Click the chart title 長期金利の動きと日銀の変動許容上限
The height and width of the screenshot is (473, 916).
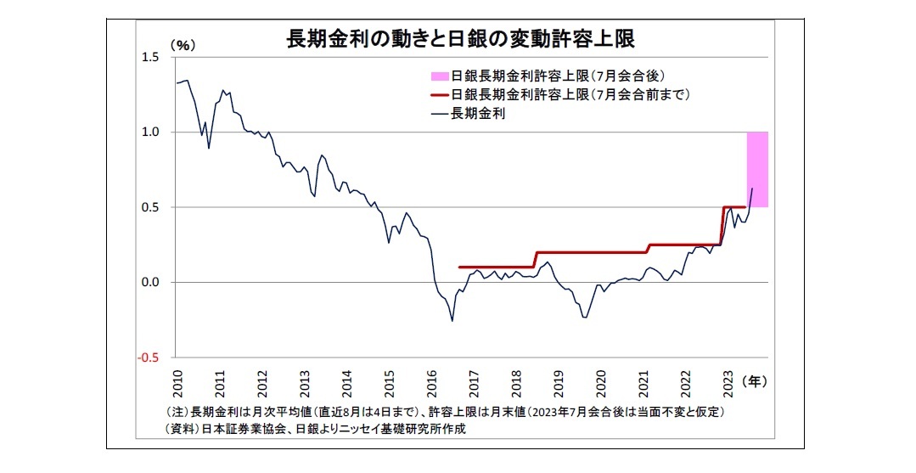pos(459,39)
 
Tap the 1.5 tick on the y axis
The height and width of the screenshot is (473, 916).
pos(152,57)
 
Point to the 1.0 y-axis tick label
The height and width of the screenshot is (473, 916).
pos(152,132)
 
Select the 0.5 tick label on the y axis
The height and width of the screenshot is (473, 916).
pos(152,207)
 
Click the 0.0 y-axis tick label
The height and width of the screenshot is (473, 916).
pos(152,282)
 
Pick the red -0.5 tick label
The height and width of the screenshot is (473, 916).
pos(150,357)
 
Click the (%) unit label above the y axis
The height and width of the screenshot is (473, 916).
pos(183,43)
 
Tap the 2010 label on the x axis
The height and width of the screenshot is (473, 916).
pos(178,383)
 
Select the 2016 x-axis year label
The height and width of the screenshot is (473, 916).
pos(431,383)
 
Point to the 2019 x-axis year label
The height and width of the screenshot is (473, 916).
pos(558,383)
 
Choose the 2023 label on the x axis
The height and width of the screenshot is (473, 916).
pos(727,383)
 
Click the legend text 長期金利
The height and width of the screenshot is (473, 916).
pos(480,115)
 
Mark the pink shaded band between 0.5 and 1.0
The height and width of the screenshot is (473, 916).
pos(757,170)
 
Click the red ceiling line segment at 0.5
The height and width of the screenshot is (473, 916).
pos(733,206)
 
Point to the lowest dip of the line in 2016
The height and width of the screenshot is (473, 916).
pos(452,320)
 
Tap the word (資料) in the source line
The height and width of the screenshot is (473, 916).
pos(180,429)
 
